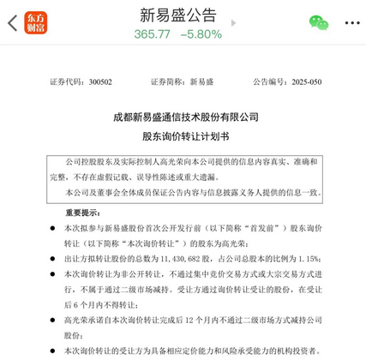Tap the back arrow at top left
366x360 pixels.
pyautogui.click(x=12, y=23)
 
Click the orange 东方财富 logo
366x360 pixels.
pyautogui.click(x=36, y=23)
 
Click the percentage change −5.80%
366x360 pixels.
pyautogui.click(x=201, y=33)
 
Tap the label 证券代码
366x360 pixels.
pyautogui.click(x=67, y=82)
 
